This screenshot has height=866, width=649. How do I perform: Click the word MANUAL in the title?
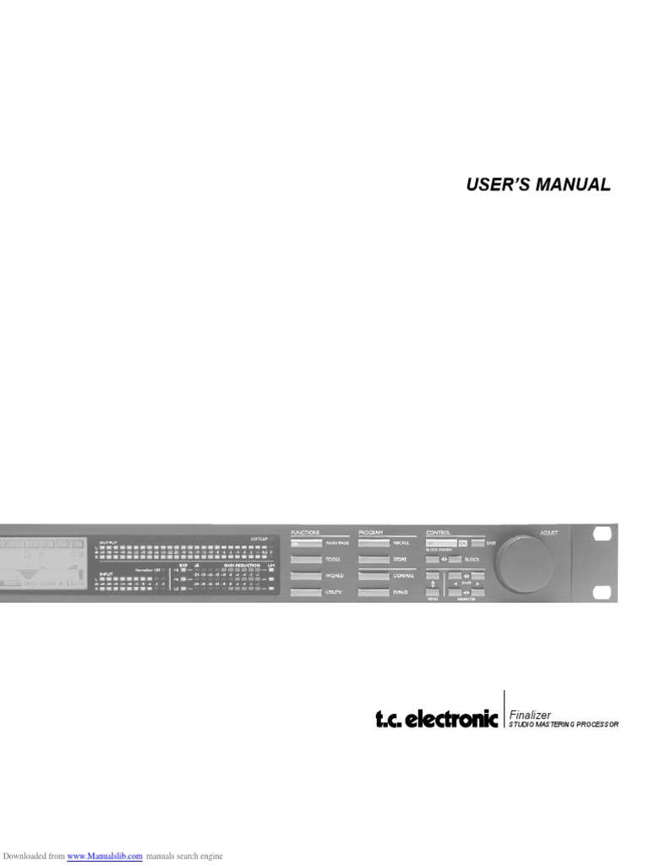[x=572, y=185]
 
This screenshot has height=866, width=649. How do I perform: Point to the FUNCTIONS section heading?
[x=305, y=531]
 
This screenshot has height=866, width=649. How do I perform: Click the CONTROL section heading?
[x=439, y=531]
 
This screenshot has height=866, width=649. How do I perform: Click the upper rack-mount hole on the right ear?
[x=603, y=534]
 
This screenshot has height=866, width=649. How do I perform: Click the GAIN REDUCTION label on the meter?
[x=241, y=564]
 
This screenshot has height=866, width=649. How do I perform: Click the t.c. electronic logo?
[x=437, y=721]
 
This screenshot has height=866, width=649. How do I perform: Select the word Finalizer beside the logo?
[x=530, y=715]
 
